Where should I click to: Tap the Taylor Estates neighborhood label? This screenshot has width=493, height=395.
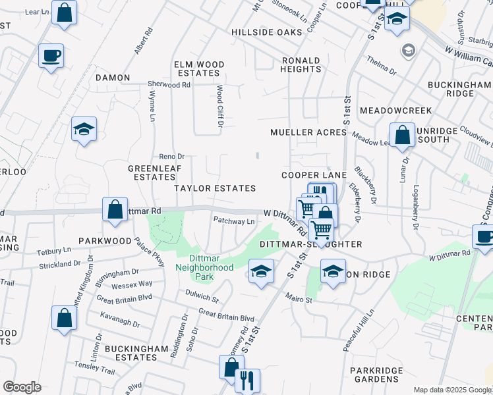(x=215, y=188)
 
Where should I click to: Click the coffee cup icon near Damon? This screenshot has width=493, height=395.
(x=51, y=55)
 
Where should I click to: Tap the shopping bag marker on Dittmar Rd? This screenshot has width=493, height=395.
(x=115, y=210)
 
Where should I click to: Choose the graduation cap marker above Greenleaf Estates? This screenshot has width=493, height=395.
(x=84, y=129)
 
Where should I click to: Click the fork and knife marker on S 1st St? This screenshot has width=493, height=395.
(x=247, y=380)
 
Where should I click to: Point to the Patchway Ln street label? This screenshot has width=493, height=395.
(x=233, y=221)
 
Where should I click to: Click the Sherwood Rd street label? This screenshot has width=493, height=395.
(x=169, y=85)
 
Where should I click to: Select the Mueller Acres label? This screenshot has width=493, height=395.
(x=308, y=132)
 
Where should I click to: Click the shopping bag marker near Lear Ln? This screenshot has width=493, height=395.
(x=65, y=13)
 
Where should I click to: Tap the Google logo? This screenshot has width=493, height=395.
(x=22, y=387)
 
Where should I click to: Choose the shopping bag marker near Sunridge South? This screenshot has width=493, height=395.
(x=402, y=136)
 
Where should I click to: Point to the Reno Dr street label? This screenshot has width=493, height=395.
(x=171, y=156)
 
